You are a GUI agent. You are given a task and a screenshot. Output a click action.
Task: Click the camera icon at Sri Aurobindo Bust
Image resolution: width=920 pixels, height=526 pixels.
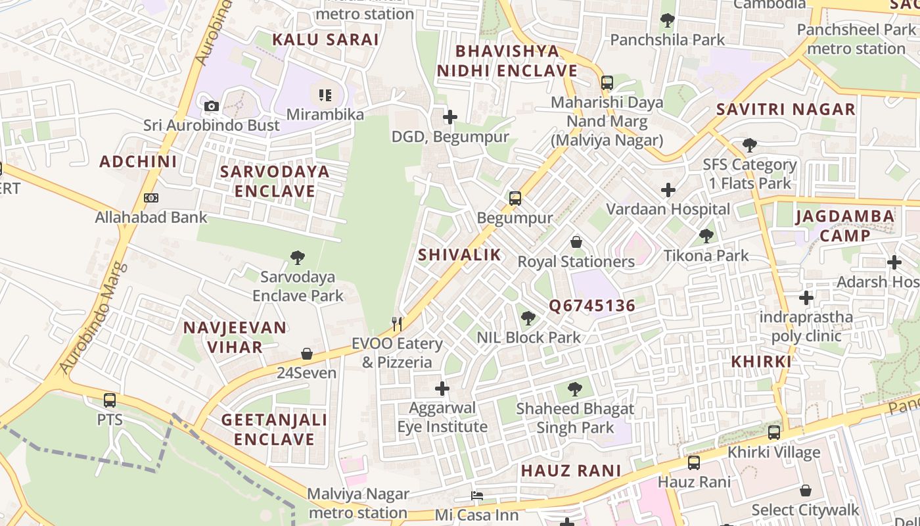point(211,106)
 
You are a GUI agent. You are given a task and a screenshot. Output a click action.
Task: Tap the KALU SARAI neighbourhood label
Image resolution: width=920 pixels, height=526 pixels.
point(325,39)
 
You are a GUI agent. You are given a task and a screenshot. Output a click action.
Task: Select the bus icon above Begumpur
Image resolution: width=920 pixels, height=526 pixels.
point(515,198)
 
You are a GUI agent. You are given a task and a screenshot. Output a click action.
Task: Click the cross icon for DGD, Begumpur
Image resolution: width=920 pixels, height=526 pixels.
point(450,118)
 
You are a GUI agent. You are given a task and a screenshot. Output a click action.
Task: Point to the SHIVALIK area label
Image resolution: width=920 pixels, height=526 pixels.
point(459,255)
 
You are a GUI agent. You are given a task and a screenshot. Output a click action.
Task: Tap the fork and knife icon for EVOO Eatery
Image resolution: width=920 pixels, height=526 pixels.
point(397,323)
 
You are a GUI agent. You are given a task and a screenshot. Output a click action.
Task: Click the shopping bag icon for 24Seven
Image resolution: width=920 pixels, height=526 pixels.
point(306,354)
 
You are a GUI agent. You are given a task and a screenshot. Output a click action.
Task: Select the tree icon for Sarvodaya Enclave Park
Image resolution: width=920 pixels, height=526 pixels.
point(297,257)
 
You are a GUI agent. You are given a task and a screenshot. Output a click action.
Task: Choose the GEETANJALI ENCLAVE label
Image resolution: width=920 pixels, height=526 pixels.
point(274,429)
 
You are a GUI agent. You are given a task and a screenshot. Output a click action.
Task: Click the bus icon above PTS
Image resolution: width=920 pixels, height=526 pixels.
point(110,400)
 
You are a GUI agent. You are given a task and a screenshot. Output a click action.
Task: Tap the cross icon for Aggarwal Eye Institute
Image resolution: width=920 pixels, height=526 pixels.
point(442,389)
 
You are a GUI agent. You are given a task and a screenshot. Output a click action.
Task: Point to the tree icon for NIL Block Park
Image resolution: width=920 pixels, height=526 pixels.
point(528,319)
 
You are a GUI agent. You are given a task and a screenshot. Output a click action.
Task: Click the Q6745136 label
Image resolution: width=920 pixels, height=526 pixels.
point(592,306)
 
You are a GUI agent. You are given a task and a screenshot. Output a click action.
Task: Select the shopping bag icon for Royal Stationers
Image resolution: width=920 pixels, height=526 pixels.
point(576,242)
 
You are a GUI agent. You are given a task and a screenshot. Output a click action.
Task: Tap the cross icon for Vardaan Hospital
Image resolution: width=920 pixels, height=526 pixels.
point(668,191)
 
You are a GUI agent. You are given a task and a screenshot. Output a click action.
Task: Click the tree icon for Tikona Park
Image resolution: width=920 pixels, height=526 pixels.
point(706,235)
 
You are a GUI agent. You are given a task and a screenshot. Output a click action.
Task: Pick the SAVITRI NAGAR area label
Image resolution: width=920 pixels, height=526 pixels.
point(785,109)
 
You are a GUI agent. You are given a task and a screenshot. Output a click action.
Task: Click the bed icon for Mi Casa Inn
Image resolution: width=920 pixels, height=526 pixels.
point(477,496)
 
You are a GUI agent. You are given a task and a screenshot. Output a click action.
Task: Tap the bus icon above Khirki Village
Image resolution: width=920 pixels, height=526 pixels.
point(774,433)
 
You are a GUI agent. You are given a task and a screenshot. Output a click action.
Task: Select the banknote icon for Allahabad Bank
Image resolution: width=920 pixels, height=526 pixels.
point(151,198)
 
